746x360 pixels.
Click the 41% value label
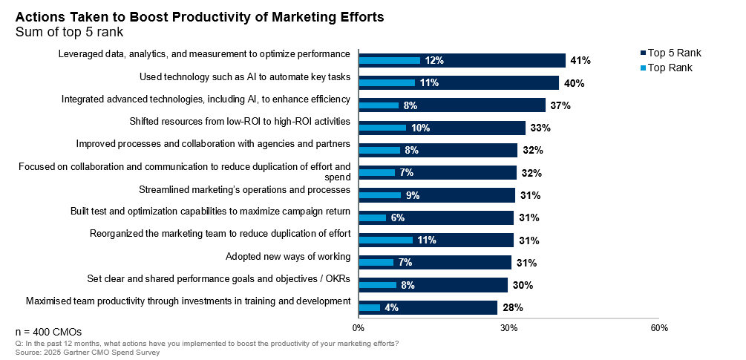[x=580, y=61]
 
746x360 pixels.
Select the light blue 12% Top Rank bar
[x=389, y=61]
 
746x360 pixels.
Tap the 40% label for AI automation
[x=574, y=83]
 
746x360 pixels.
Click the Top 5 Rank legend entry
[x=674, y=53]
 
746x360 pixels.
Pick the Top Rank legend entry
[x=670, y=68]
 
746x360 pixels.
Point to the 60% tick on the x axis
[x=658, y=328]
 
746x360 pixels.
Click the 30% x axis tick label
[x=508, y=328]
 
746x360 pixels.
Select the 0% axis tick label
[x=358, y=328]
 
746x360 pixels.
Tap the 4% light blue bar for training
[x=369, y=307]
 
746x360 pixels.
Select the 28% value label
[x=512, y=307]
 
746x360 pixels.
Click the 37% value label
[x=560, y=105]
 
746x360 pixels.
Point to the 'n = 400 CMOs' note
[x=49, y=331]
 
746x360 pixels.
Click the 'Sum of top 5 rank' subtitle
[x=68, y=32]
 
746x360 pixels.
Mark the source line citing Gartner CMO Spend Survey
[x=88, y=353]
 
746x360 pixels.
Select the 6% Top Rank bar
[x=372, y=217]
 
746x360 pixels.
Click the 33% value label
[x=540, y=128]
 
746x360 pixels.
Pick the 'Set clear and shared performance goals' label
[x=219, y=279]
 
